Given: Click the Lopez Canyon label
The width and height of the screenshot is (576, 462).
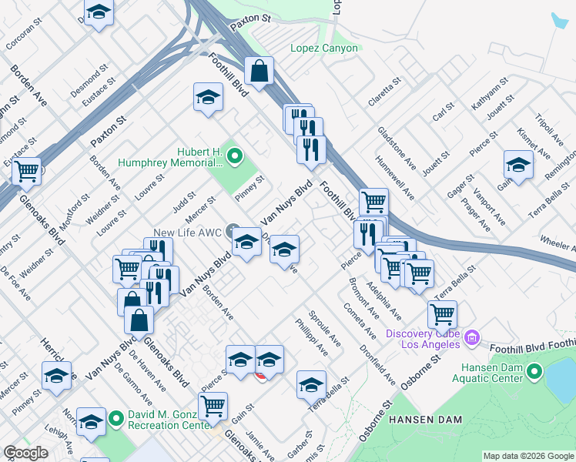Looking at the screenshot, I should tap(323, 48).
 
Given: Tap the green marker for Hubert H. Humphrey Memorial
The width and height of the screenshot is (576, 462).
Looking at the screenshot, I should tap(236, 159).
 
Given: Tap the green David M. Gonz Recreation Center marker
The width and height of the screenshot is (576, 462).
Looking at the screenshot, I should tap(116, 419).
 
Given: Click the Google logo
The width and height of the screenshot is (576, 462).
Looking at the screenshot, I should tap(26, 453).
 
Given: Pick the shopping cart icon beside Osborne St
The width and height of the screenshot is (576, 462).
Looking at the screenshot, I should tap(442, 313).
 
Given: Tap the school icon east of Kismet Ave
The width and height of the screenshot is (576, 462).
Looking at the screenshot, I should tap(518, 165).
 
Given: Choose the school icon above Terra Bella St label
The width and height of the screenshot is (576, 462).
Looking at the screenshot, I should tap(311, 384).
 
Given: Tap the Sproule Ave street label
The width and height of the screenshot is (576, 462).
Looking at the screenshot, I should tap(324, 328).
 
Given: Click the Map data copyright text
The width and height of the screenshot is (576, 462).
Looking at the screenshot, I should tap(528, 456).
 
